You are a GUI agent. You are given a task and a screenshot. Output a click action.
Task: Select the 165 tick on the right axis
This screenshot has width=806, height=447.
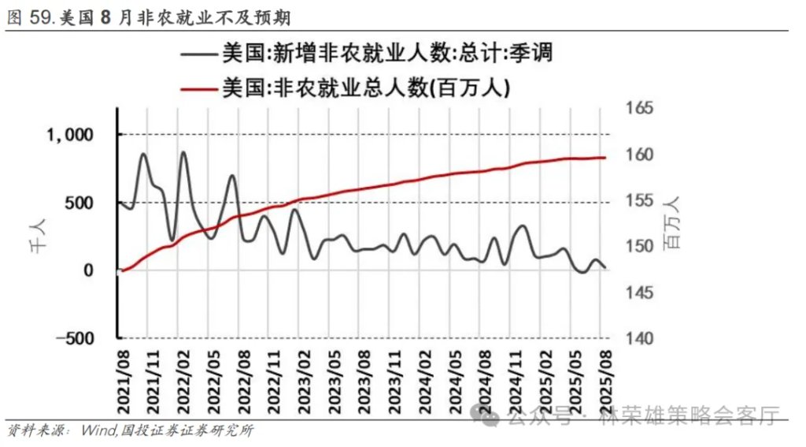[x=638, y=108]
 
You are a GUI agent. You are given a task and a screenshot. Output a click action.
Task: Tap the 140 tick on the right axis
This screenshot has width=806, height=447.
[x=638, y=338]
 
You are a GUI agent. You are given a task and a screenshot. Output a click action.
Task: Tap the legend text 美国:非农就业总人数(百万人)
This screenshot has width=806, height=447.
[x=366, y=88]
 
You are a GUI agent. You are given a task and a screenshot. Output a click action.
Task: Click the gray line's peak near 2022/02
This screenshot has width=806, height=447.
[x=183, y=152]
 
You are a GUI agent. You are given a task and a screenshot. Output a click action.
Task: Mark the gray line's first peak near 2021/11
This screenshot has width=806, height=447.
[x=144, y=154]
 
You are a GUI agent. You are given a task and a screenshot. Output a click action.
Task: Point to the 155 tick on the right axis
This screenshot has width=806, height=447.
[x=638, y=200]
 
